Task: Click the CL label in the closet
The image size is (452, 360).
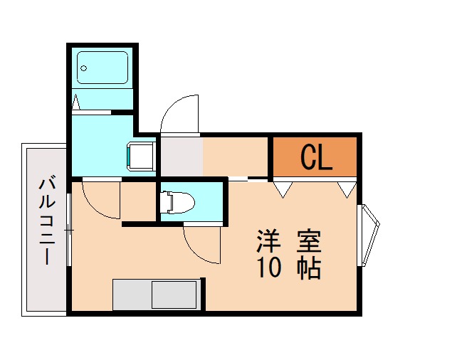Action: (316, 158)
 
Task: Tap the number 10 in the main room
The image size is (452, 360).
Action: (268, 268)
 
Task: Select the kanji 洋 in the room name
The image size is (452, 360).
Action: (268, 241)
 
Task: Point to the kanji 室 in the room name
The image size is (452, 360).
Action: (309, 241)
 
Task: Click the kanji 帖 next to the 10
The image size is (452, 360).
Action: (309, 268)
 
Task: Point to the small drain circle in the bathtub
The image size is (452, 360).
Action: (84, 69)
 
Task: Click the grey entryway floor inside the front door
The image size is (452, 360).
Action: (181, 157)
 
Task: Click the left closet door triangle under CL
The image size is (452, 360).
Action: (283, 189)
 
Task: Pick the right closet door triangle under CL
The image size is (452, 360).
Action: (347, 189)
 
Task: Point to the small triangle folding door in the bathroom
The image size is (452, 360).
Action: (76, 102)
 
